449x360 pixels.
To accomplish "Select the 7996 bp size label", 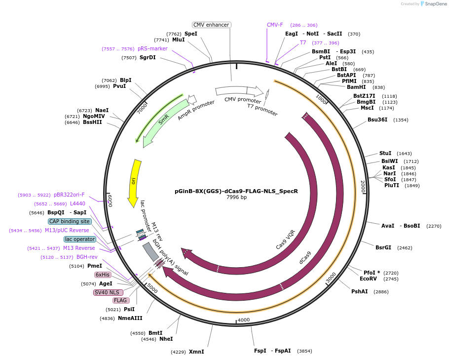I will (x=236, y=197).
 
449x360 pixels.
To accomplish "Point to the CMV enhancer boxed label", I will (x=211, y=25).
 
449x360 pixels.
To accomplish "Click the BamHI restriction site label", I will (x=356, y=87).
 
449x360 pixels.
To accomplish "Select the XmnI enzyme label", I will (x=196, y=352).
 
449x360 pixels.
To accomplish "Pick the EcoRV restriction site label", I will (x=368, y=279).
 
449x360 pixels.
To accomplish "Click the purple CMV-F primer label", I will (x=275, y=25).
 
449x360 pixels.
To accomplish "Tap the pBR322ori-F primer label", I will (x=69, y=195).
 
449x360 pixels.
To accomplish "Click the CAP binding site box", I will (x=70, y=221).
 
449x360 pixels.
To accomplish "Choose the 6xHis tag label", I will (x=103, y=275).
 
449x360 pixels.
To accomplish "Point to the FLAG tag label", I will (x=120, y=300).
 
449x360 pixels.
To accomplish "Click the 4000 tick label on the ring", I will (x=244, y=320).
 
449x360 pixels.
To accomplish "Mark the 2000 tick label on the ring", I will (x=363, y=186).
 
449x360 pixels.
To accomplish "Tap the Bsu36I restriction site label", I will (x=377, y=120).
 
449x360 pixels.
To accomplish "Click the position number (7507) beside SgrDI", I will (x=129, y=58).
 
